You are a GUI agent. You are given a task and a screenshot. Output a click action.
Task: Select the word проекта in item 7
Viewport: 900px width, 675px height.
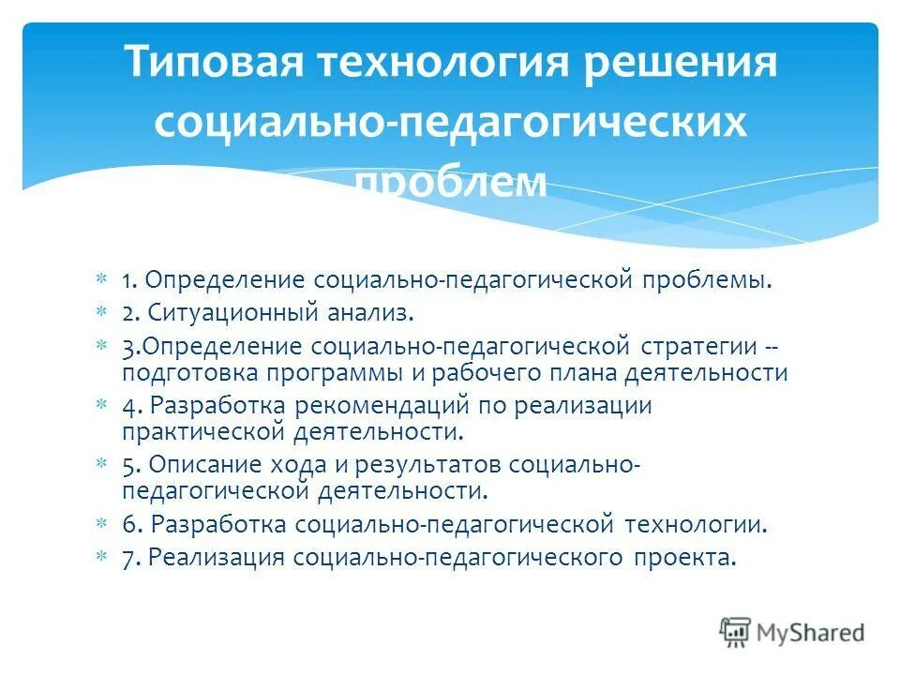(684, 557)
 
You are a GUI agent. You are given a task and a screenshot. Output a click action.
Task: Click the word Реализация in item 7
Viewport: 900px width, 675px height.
(216, 557)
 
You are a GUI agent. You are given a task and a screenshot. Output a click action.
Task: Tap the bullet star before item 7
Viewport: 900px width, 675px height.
(101, 557)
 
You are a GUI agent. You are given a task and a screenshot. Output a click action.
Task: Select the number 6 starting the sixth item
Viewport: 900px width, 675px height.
(127, 524)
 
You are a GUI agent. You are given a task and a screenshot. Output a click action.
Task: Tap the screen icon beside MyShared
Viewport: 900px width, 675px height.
(736, 632)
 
